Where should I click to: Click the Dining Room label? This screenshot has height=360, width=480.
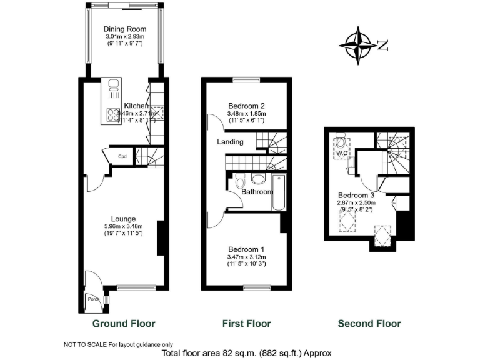125,29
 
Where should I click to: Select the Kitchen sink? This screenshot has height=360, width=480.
114,88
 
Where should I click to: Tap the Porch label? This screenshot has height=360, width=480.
94,299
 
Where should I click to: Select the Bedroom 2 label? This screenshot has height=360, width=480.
247,105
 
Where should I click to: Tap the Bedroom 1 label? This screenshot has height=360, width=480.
247,248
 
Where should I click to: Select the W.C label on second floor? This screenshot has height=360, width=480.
341,152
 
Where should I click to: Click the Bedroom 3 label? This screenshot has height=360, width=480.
356,194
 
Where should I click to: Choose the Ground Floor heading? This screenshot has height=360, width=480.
124,324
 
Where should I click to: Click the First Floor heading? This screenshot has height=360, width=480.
246,324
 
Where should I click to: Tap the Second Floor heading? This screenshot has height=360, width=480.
369,324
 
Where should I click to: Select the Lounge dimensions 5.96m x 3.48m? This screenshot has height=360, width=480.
124,226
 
